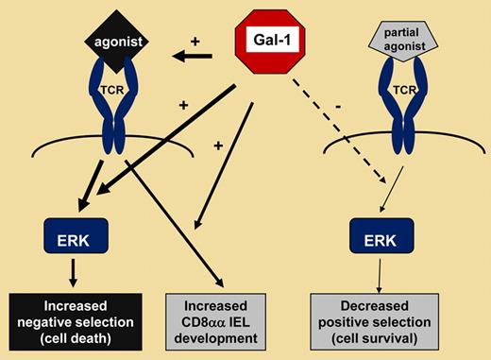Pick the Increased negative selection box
pos(73,319)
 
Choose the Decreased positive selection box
pos(383,319)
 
